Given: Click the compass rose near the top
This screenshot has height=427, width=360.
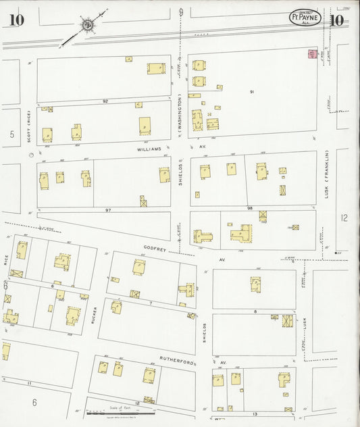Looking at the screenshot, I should (x=87, y=26).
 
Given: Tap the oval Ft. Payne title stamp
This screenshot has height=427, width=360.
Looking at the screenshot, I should (x=305, y=18).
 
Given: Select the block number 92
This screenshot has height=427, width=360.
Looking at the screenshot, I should (x=105, y=101).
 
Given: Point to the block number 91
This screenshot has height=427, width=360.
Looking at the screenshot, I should (x=251, y=91).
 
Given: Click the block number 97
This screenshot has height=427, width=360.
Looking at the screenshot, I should (x=107, y=210).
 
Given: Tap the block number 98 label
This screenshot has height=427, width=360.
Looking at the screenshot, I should (x=249, y=209).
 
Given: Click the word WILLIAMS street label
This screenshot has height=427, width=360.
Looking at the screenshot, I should (x=149, y=149).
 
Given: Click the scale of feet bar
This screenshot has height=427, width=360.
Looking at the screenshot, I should (x=115, y=413).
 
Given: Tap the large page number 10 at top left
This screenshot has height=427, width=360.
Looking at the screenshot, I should (x=16, y=20).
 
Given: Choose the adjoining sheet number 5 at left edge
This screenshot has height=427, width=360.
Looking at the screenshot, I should (x=11, y=134).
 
